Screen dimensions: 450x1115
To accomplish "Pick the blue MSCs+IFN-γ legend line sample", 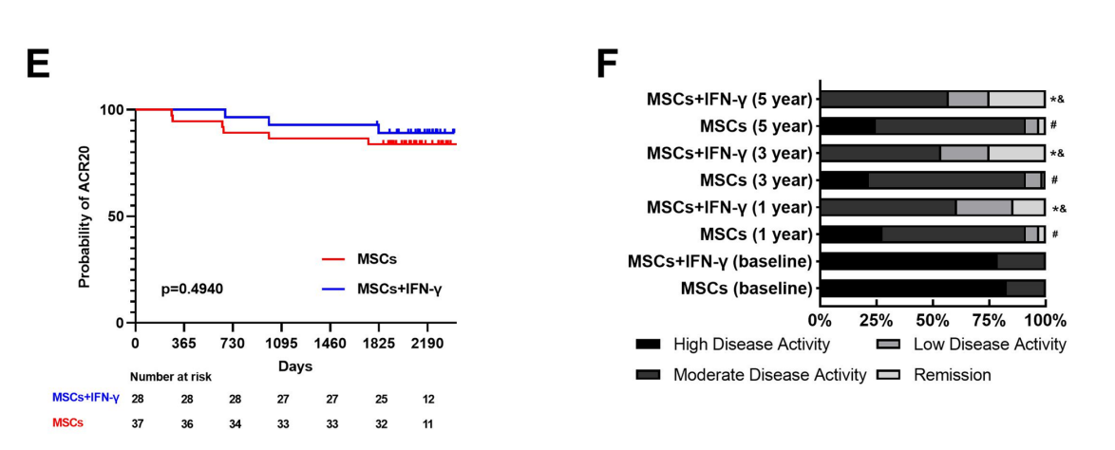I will (x=332, y=287).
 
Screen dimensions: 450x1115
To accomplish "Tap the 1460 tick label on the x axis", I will (x=331, y=341).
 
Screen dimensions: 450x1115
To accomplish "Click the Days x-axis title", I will (x=295, y=366).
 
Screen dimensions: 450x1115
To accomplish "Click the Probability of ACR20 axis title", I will (x=85, y=216).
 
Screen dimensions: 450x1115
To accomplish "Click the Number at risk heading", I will (x=172, y=377).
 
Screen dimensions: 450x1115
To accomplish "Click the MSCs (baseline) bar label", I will (x=746, y=289).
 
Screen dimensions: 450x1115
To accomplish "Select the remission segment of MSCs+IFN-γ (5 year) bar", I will (x=1016, y=99).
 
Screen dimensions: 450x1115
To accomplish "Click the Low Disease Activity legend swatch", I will (x=889, y=344).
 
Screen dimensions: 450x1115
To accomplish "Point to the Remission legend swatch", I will (x=889, y=375).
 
